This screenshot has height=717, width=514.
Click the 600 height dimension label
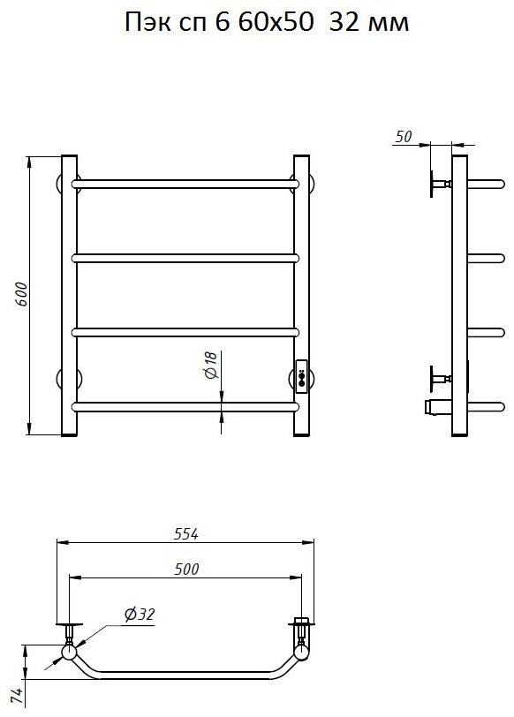tap(22, 295)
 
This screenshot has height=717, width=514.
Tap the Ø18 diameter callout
tap(210, 366)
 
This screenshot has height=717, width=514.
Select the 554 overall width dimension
tap(186, 533)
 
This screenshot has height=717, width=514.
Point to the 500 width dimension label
tap(186, 569)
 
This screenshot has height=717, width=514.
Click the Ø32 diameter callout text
tap(140, 614)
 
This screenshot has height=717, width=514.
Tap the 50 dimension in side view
tap(404, 136)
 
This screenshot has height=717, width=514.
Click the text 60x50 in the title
tap(276, 22)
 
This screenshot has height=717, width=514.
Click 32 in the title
tap(344, 22)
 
